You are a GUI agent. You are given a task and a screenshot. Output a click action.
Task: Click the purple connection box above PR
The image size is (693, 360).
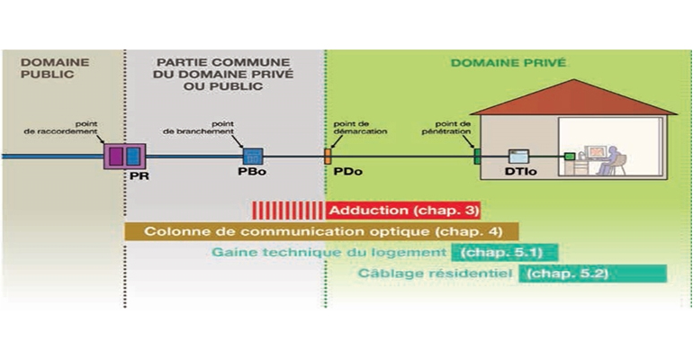tap(116, 156)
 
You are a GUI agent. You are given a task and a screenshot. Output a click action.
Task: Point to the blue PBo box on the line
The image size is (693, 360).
tap(252, 156)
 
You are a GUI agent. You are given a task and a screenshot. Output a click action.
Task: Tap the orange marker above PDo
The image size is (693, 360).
tap(328, 156)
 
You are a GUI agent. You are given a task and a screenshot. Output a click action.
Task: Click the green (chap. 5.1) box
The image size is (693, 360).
tap(504, 252)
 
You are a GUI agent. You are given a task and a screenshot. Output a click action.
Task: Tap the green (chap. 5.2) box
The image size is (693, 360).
tap(592, 273)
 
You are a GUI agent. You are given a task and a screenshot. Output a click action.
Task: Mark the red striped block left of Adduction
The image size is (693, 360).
tap(289, 211)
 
